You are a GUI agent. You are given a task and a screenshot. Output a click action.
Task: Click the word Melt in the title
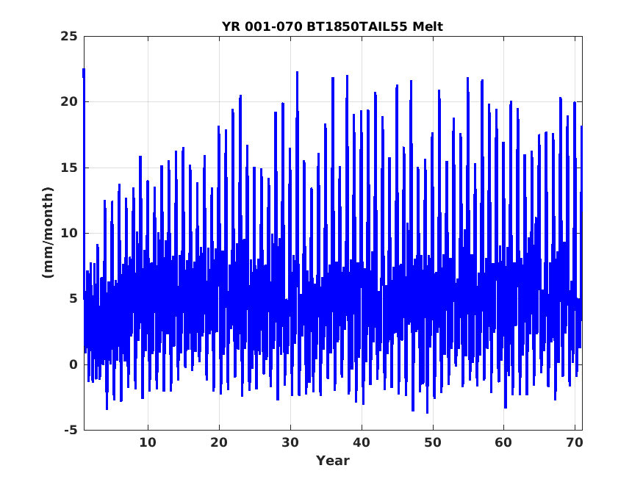pos(428,26)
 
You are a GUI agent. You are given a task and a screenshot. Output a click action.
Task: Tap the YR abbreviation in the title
pos(231,26)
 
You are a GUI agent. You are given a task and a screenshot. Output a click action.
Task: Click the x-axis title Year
pos(333,461)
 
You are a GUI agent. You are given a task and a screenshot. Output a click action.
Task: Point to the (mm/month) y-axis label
pos(48,232)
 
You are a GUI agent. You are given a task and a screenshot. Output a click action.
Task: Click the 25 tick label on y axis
pos(69,37)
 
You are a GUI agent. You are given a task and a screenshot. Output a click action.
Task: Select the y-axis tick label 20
pos(69,101)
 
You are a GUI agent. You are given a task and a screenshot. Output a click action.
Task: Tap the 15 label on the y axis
pos(69,168)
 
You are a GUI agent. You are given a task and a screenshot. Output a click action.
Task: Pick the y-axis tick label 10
pos(69,233)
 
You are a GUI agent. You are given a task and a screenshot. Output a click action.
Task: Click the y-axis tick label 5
pos(73,299)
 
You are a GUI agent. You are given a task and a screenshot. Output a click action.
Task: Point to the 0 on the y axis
pos(73,364)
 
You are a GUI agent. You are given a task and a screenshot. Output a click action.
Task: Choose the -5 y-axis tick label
pos(71,430)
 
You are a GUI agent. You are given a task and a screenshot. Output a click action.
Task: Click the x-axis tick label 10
pos(148,442)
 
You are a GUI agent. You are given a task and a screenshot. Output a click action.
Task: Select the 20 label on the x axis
pos(219,442)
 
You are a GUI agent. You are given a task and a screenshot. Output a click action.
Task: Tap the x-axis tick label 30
pos(290,442)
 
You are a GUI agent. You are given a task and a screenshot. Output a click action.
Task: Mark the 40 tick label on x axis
pos(362,442)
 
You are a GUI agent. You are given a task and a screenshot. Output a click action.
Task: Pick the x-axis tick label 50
pos(433,442)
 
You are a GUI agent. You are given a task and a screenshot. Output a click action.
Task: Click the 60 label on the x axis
pos(503,442)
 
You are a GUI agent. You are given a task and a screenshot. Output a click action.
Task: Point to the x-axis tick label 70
pos(575,442)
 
